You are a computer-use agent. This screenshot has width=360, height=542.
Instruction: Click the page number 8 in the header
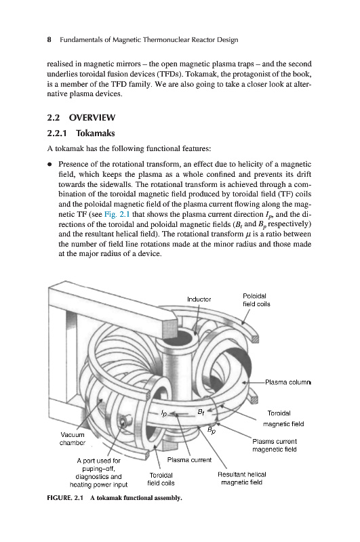point(49,40)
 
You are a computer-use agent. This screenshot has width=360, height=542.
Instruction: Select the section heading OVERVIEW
point(92,117)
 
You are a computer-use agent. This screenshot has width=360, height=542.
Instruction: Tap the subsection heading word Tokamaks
point(96,133)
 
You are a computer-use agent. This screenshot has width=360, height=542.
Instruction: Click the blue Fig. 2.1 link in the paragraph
point(117,214)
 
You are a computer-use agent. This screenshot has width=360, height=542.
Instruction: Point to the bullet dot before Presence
point(50,164)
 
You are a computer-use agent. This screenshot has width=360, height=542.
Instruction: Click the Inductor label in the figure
point(199,299)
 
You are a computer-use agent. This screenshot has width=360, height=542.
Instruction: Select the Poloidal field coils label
point(256,300)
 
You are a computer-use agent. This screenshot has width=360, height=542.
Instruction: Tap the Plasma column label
point(287,382)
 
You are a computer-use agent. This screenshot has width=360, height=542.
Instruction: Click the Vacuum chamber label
point(73,438)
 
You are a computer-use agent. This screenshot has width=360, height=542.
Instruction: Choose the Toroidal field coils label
point(161,479)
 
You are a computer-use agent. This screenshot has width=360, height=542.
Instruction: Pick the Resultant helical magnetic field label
point(242,478)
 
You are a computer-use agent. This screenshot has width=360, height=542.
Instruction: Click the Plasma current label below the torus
point(189,460)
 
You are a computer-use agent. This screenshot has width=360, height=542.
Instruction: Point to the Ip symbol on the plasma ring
point(164,413)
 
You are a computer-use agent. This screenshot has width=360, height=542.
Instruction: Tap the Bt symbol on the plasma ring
point(201,412)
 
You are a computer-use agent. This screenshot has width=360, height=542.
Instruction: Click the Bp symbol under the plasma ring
point(212,430)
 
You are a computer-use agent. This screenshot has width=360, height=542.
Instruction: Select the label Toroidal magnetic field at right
point(283,419)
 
